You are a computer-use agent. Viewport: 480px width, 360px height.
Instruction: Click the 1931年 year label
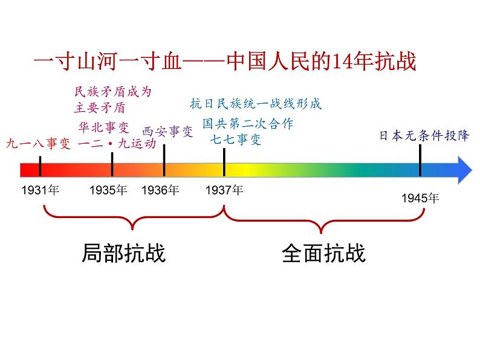40,190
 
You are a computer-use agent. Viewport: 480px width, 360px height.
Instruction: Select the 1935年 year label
108,190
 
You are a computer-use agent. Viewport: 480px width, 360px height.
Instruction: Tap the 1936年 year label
160,190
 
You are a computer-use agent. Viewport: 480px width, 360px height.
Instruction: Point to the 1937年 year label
224,190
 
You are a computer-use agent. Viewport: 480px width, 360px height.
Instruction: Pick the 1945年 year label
421,198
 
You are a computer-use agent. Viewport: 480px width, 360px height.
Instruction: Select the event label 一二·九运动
117,144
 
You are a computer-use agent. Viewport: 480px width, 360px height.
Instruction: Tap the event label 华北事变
104,127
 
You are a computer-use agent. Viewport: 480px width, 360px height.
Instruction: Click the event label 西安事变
167,131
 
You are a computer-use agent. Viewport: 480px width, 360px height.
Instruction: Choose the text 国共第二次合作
248,124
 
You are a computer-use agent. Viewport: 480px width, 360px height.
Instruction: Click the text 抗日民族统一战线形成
256,103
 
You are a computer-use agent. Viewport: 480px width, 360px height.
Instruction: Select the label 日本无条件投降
424,135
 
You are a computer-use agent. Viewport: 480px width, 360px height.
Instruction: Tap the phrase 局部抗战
123,253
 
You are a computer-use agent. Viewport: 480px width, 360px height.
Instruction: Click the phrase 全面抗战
323,253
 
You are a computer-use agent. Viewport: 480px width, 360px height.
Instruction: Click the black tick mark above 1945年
420,161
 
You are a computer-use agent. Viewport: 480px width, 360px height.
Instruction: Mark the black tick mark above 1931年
40,165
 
